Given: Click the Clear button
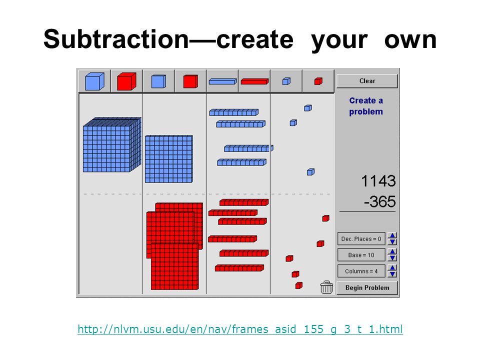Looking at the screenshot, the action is [x=367, y=81].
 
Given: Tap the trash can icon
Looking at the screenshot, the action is [x=326, y=287].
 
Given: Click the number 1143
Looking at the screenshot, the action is [x=378, y=181].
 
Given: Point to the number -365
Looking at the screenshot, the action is [x=380, y=201].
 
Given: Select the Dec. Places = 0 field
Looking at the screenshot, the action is [x=361, y=239].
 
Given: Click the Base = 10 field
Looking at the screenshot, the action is [x=361, y=255].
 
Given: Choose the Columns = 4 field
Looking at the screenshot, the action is [x=361, y=271].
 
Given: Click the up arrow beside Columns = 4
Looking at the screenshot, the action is [x=392, y=268].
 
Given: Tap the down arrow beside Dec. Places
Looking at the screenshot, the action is [x=392, y=242].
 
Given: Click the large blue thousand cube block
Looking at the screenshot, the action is [x=112, y=144].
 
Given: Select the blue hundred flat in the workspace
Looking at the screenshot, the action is [x=168, y=159].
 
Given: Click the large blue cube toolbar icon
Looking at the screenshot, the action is [x=94, y=81].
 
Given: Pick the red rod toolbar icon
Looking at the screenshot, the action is [x=254, y=81].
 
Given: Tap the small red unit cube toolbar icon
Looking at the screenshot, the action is [x=318, y=81].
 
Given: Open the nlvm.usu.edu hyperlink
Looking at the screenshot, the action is [x=240, y=329].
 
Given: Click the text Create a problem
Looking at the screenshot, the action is [x=366, y=106].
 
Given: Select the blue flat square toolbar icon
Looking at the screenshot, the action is [x=158, y=81].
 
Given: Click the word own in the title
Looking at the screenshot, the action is [x=410, y=40].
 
